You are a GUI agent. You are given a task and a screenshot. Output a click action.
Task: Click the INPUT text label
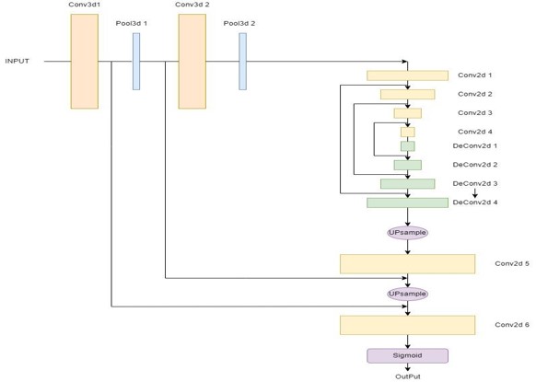(17, 62)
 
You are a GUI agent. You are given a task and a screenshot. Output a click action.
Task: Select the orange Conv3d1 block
(84, 61)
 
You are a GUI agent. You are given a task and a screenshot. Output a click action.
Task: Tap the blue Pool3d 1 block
(136, 62)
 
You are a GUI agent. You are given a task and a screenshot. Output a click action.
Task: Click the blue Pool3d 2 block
(243, 62)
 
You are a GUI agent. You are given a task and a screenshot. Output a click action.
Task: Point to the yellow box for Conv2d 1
(407, 75)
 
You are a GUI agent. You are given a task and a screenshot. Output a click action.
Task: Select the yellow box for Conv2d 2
(407, 94)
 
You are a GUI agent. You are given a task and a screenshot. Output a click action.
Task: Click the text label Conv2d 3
(474, 113)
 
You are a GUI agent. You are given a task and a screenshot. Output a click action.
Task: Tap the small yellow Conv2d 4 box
(407, 132)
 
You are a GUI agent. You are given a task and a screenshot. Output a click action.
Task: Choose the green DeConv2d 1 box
(407, 146)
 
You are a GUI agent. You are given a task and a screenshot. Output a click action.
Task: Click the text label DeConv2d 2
(475, 165)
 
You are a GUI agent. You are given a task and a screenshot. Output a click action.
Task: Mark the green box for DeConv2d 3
(407, 184)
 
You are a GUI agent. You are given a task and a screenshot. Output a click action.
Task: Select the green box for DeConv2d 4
(407, 203)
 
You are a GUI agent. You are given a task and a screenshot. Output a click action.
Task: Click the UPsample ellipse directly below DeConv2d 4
(407, 233)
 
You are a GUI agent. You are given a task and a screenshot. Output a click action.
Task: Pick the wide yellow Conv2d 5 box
(407, 264)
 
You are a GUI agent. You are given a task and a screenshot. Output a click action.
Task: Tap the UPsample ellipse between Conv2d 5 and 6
(407, 294)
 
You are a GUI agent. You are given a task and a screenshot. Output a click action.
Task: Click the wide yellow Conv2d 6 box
(407, 325)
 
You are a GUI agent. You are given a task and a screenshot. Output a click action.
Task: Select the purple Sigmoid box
(407, 355)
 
